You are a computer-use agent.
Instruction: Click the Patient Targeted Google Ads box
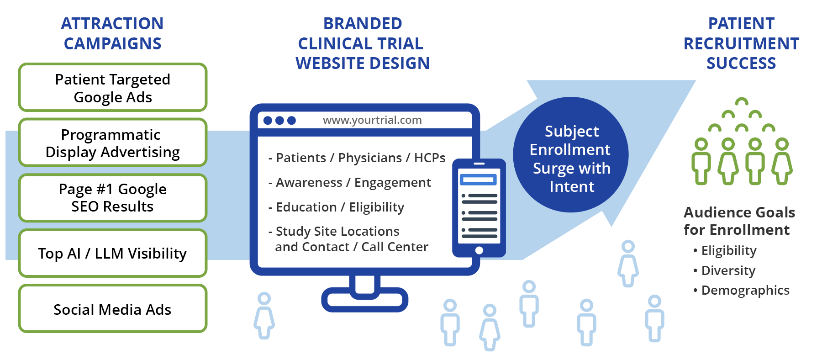pyautogui.click(x=113, y=88)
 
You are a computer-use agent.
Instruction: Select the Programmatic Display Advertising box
pyautogui.click(x=113, y=143)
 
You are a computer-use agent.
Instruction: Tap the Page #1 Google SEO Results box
pyautogui.click(x=113, y=198)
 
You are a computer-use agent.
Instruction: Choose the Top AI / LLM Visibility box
pyautogui.click(x=113, y=253)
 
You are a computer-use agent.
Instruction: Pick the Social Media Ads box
pyautogui.click(x=113, y=309)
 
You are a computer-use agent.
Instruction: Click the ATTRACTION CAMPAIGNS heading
pyautogui.click(x=112, y=33)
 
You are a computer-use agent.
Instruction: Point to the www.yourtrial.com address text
pyautogui.click(x=372, y=120)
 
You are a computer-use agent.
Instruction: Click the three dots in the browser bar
pyautogui.click(x=279, y=120)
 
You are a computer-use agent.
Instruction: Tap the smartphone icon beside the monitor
pyautogui.click(x=479, y=208)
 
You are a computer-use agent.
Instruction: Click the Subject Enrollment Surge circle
pyautogui.click(x=571, y=155)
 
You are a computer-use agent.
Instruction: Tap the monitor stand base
pyautogui.click(x=364, y=300)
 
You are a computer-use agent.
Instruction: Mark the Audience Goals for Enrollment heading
pyautogui.click(x=739, y=221)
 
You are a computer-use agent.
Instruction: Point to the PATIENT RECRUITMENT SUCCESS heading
pyautogui.click(x=741, y=43)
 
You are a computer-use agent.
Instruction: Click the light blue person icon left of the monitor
pyautogui.click(x=264, y=316)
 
